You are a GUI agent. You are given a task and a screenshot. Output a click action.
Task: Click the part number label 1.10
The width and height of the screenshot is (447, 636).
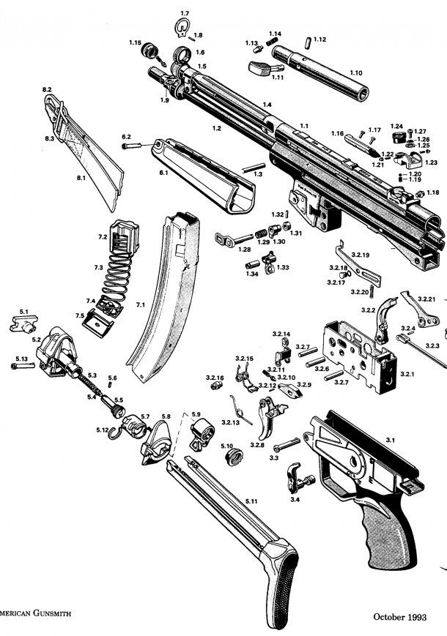point(355,73)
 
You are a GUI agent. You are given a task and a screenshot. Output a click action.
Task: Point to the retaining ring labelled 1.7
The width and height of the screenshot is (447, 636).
point(182,28)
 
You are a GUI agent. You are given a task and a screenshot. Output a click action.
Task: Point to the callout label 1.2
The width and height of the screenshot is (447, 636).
point(216,128)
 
